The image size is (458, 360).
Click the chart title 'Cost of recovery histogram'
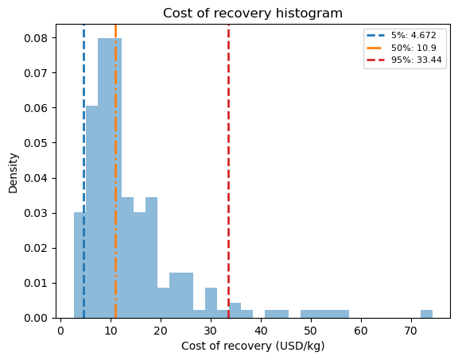(x=253, y=14)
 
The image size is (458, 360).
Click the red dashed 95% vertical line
(x=228, y=171)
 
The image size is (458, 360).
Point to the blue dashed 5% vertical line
(x=83, y=171)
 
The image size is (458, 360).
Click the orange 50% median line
(x=115, y=171)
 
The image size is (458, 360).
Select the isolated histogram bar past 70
(x=426, y=314)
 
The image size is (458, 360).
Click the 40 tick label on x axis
(x=261, y=331)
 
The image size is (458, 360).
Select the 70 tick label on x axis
(x=411, y=331)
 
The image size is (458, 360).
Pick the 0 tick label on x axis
(x=60, y=331)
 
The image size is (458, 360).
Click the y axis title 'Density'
(x=14, y=172)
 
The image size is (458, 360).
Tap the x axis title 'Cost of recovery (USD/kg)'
(x=253, y=346)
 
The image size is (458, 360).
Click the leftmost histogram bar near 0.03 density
(x=80, y=265)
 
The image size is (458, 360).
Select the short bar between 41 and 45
(x=277, y=314)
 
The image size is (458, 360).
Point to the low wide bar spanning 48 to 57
(x=324, y=314)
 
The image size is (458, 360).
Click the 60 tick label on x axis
(x=361, y=331)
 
